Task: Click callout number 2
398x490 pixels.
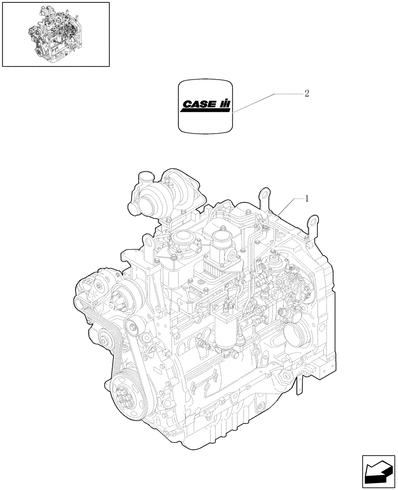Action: pos(307,94)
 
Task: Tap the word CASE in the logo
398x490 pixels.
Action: pos(200,104)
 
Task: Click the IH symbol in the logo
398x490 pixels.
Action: pos(224,104)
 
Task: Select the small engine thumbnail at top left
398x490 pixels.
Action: pos(55,34)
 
